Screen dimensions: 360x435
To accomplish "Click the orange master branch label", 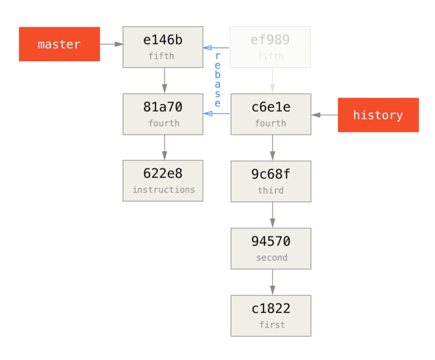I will tap(59, 44).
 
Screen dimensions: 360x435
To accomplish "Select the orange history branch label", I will tap(378, 115).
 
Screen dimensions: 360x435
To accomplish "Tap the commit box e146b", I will tap(163, 47).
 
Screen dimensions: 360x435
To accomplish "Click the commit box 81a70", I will tap(163, 114).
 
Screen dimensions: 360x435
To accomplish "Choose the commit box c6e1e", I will tap(270, 114).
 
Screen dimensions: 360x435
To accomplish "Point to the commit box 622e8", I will tap(163, 181).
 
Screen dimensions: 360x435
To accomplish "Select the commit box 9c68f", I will tap(270, 181).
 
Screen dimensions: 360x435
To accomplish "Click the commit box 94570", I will tap(270, 248).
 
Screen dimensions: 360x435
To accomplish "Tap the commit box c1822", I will tap(270, 315).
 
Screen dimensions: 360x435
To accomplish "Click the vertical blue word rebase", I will tap(217, 79).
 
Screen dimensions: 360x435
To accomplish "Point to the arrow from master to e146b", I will tap(112, 44).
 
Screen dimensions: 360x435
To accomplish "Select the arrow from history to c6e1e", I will tap(324, 115).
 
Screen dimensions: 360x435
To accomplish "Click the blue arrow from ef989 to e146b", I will tap(216, 48).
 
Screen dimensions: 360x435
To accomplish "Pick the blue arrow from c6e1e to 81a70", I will tap(216, 114).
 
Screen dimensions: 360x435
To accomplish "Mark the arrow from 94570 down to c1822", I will tap(272, 282).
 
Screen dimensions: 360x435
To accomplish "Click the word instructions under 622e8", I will tap(163, 190).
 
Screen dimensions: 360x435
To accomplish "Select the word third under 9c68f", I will tap(270, 190).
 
